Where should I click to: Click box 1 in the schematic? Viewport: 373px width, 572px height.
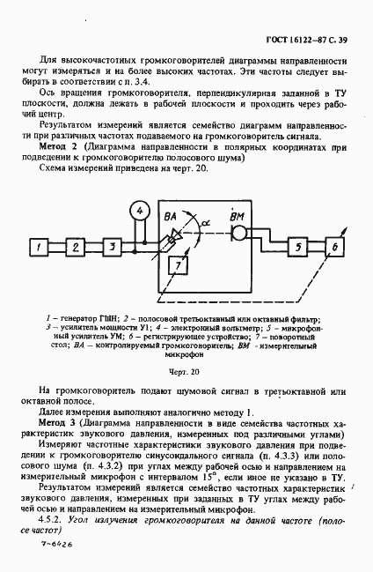pyautogui.click(x=39, y=245)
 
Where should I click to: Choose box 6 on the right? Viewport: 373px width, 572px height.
pyautogui.click(x=333, y=245)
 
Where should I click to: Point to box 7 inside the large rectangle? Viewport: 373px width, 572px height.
pyautogui.click(x=177, y=265)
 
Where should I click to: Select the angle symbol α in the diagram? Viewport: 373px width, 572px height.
pyautogui.click(x=205, y=225)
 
